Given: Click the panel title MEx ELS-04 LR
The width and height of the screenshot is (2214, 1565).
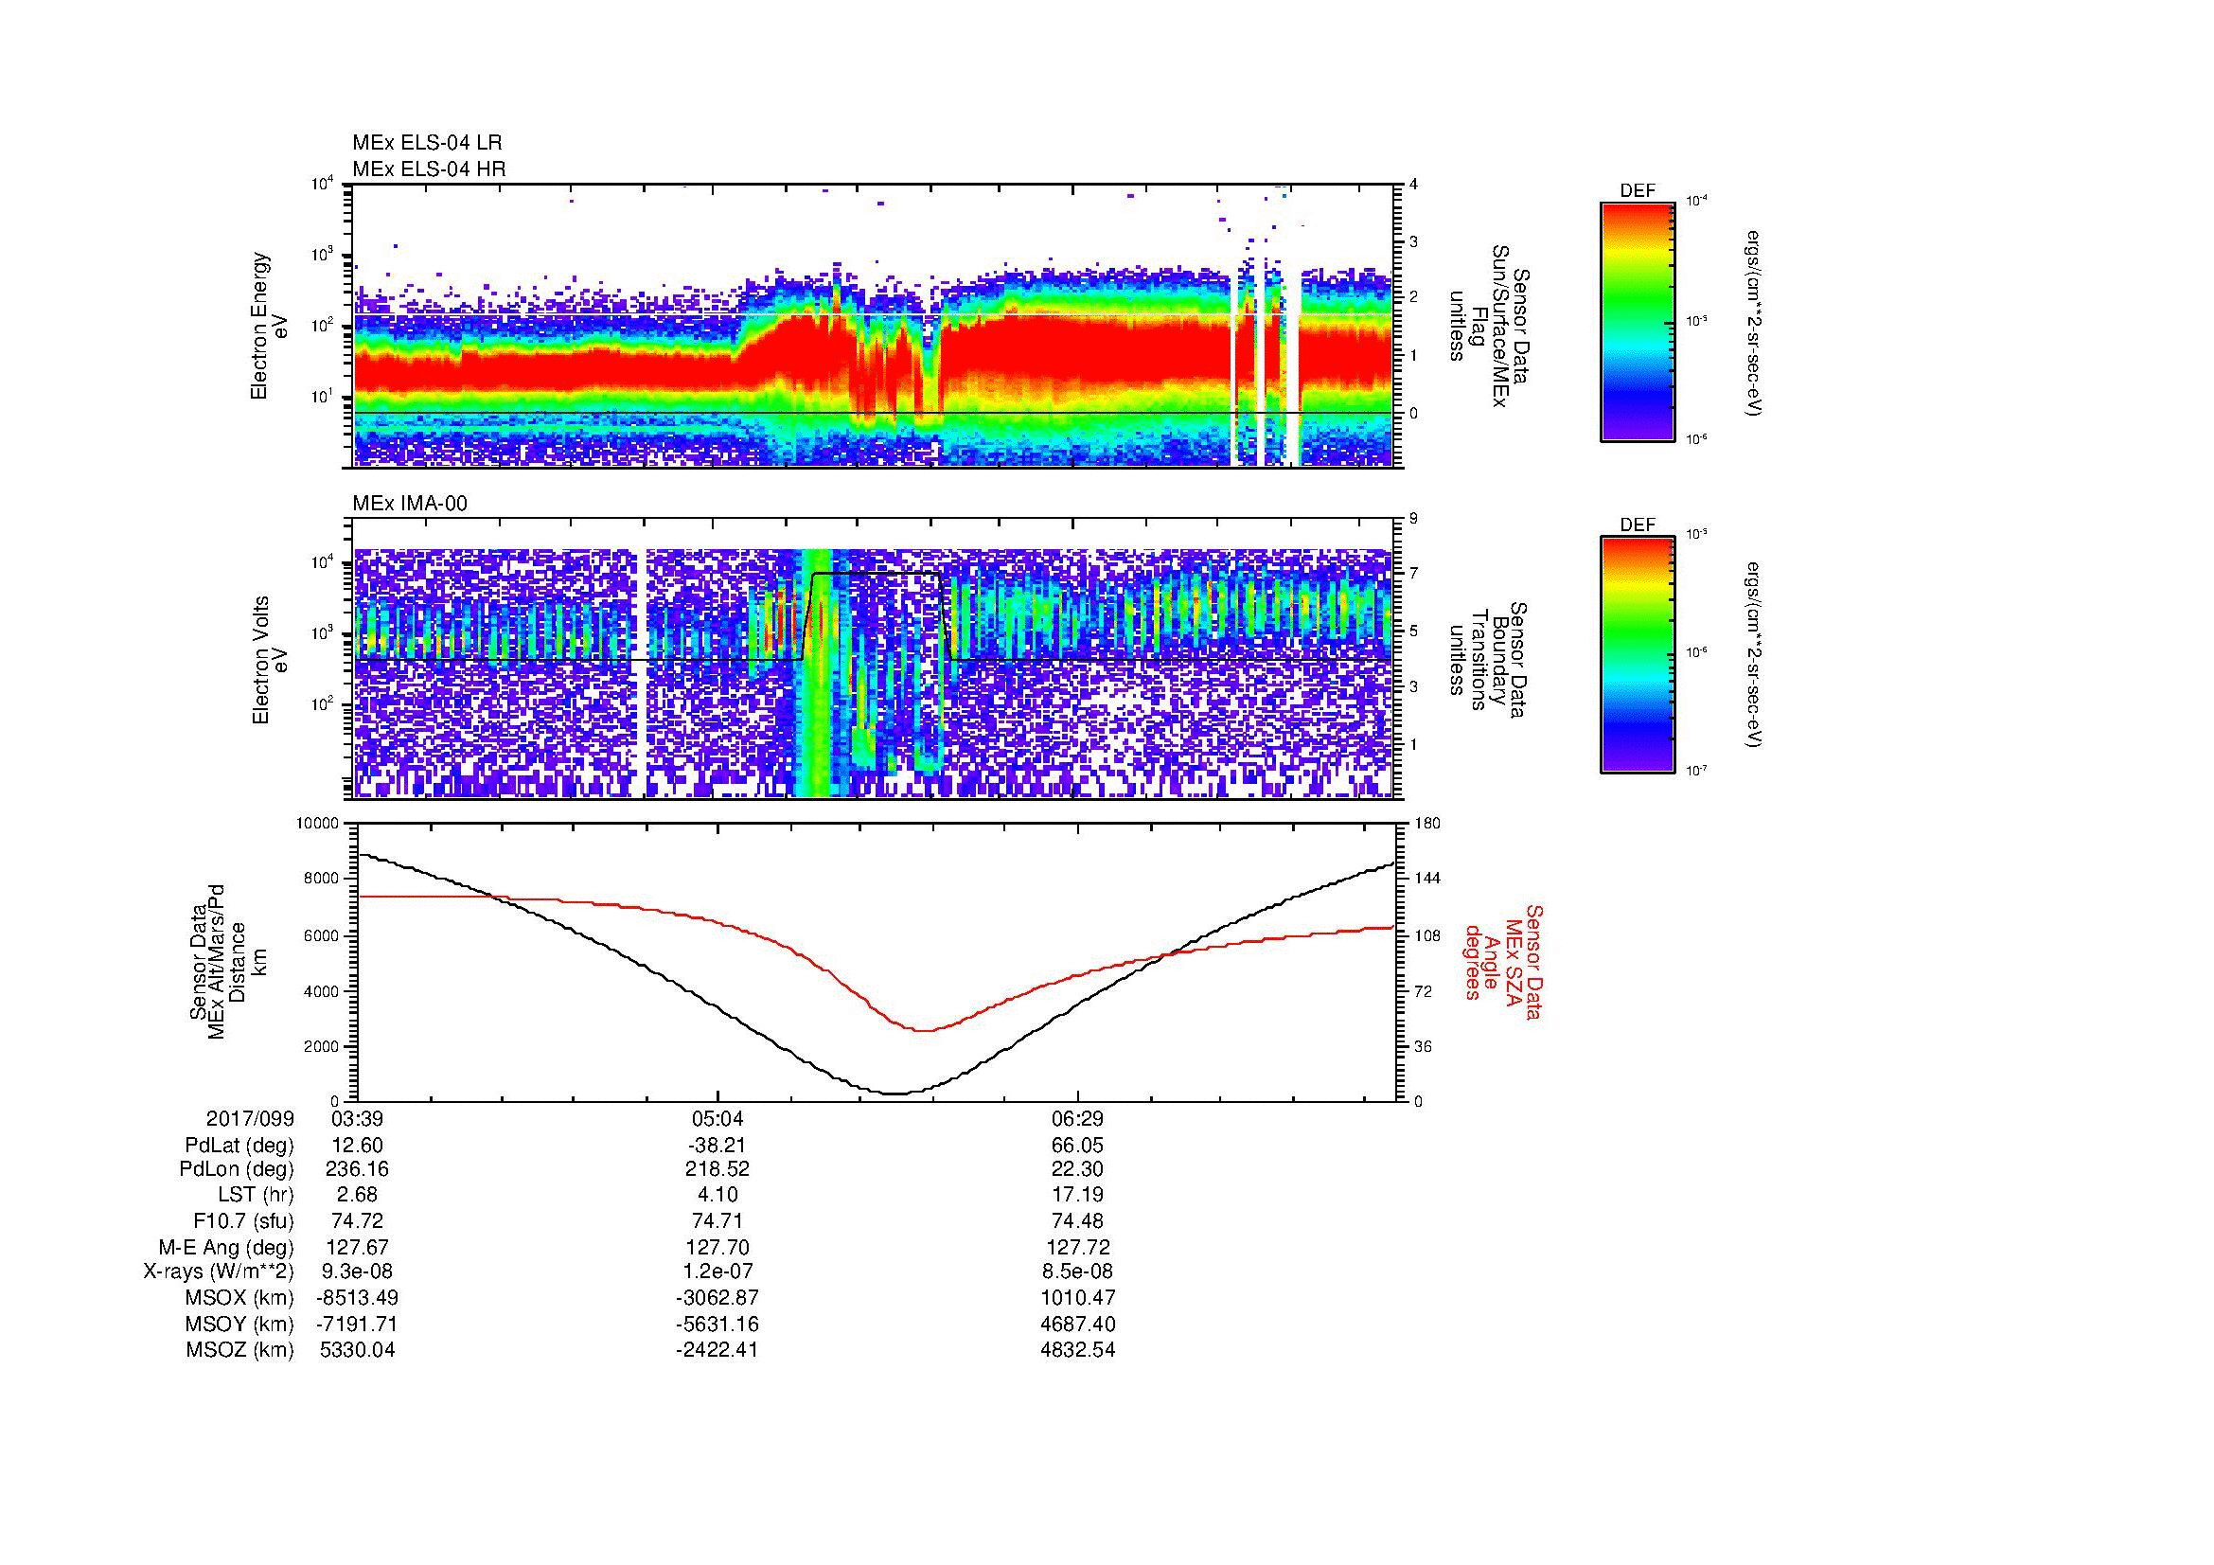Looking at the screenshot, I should pyautogui.click(x=427, y=143).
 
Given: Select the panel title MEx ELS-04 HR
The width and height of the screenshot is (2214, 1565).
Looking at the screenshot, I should pyautogui.click(x=429, y=169).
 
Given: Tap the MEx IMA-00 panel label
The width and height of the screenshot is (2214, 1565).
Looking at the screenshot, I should pyautogui.click(x=410, y=504).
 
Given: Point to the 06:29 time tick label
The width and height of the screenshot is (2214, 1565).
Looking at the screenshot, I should pyautogui.click(x=1077, y=1118).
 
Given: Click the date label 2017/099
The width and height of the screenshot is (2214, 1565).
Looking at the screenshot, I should pyautogui.click(x=250, y=1118).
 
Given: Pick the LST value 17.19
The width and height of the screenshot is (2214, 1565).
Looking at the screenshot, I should pyautogui.click(x=1077, y=1193).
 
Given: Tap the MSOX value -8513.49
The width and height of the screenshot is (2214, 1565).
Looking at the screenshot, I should pyautogui.click(x=357, y=1297).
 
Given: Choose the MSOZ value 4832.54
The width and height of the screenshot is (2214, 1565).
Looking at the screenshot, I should pyautogui.click(x=1077, y=1350).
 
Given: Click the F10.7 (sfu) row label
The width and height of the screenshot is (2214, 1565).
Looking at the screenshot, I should pyautogui.click(x=243, y=1219).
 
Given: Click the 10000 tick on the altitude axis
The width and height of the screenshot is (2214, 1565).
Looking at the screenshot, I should pyautogui.click(x=318, y=824).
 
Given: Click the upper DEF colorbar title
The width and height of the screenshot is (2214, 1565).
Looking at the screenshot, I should pyautogui.click(x=1638, y=191).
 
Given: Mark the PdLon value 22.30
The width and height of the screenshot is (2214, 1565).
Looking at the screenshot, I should pyautogui.click(x=1077, y=1168).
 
